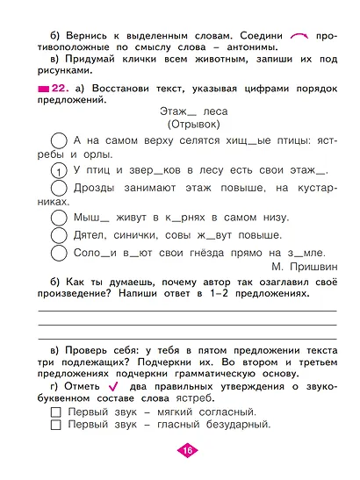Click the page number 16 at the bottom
(x=186, y=450)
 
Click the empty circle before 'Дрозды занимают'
(x=60, y=190)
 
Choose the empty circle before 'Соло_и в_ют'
(x=60, y=253)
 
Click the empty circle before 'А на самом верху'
(x=60, y=140)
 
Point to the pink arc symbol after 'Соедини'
(x=299, y=34)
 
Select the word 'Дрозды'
(x=94, y=189)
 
